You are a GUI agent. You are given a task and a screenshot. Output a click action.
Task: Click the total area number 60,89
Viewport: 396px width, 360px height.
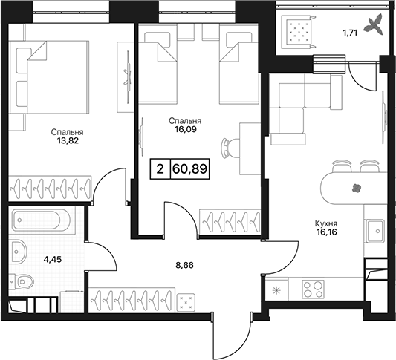[189, 169]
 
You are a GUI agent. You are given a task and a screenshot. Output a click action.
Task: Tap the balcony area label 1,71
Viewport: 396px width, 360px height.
[350, 33]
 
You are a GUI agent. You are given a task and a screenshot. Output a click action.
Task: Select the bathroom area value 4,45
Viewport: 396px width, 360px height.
[53, 259]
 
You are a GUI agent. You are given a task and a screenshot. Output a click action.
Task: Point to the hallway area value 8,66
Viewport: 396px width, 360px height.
[184, 265]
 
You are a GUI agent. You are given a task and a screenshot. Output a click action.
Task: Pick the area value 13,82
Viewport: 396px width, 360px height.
[68, 141]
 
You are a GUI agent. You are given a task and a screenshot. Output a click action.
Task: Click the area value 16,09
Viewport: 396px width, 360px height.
[185, 129]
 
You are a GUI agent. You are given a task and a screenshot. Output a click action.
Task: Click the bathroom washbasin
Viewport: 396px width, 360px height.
[18, 252]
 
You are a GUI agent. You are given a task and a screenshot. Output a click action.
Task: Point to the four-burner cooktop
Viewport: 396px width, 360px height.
[314, 289]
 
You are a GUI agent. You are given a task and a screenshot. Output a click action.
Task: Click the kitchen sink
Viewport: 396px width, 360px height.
[376, 231]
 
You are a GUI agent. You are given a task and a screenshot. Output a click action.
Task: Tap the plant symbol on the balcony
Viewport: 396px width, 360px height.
[374, 26]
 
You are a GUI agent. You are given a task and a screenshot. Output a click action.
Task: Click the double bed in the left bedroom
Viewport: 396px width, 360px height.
[49, 77]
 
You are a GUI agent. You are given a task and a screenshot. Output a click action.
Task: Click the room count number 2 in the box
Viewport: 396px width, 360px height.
[160, 169]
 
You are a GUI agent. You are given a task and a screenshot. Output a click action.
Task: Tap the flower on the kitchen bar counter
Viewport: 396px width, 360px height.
[357, 188]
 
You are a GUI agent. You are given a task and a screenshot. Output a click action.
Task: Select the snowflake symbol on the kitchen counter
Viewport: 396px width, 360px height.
[277, 291]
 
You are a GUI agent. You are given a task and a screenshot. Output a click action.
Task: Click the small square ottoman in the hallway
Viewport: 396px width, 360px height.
[186, 301]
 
